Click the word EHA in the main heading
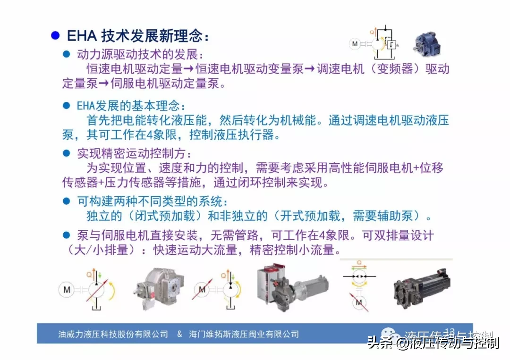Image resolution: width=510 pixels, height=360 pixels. tap(83, 36)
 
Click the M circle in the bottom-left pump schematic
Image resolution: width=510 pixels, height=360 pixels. tap(67, 290)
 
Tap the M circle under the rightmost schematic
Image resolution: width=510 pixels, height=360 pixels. tap(358, 301)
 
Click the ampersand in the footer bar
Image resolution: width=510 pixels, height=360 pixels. tap(179, 334)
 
